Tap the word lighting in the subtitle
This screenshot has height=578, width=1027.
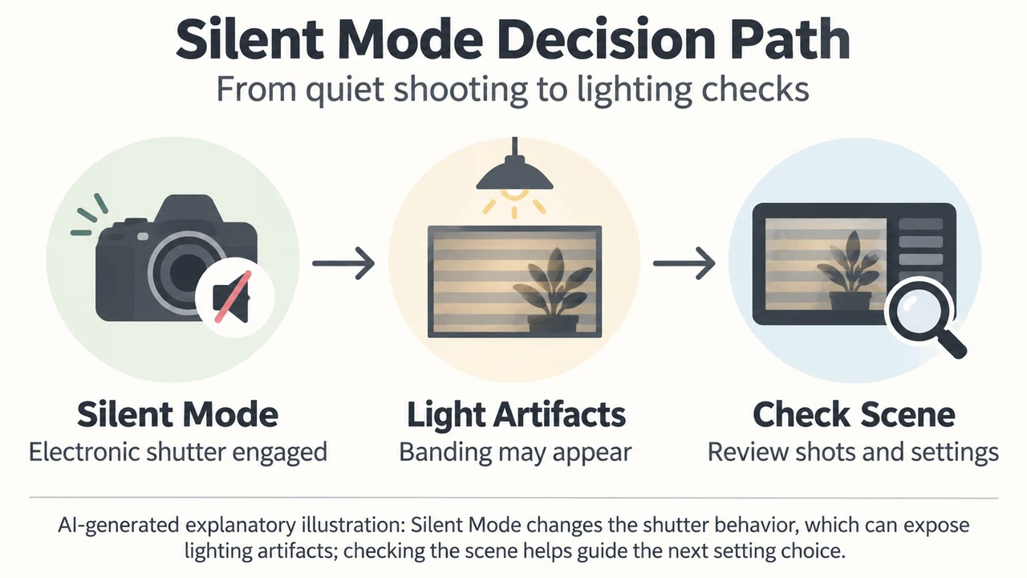[635, 90]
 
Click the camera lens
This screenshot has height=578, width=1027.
[187, 272]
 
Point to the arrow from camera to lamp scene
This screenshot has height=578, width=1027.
[343, 263]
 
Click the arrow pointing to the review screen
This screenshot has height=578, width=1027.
[684, 263]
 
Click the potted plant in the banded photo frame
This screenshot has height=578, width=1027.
[554, 289]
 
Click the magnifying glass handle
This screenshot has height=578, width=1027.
[951, 344]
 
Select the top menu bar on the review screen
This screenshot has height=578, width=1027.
[920, 224]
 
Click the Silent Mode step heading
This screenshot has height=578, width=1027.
[177, 415]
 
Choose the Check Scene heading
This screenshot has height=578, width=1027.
[854, 415]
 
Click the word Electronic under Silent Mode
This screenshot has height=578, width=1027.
[84, 451]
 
